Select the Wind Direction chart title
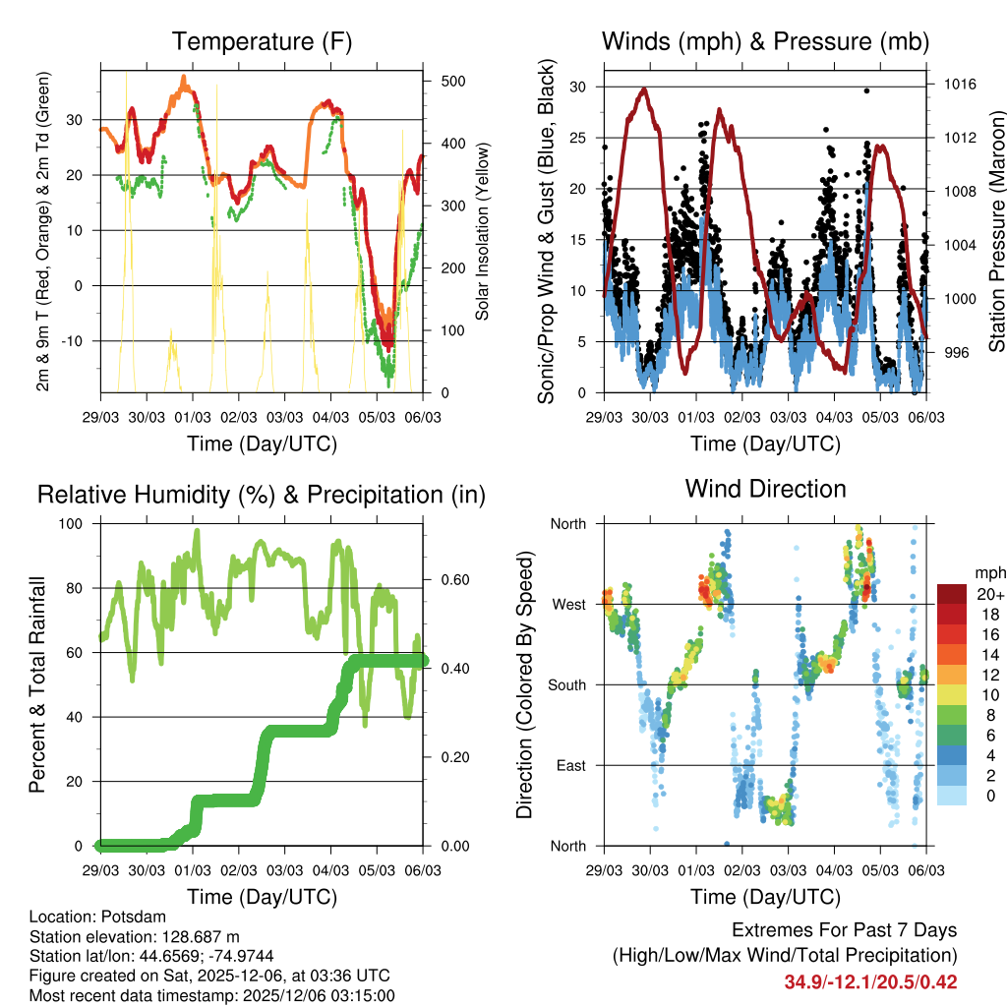point(765,488)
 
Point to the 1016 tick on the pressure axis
point(957,85)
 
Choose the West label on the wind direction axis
point(568,604)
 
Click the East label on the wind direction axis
point(569,765)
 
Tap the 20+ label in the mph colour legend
point(988,594)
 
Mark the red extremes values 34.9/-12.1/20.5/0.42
point(870,981)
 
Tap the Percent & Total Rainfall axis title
point(38,684)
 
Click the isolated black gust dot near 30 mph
point(866,90)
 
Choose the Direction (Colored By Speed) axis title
point(525,684)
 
